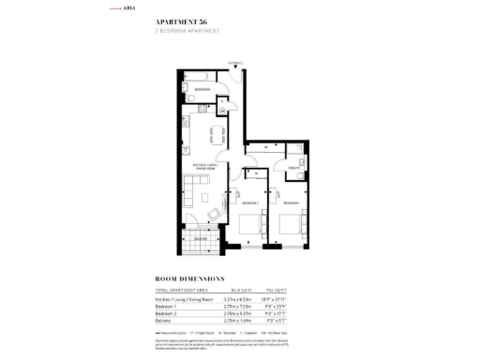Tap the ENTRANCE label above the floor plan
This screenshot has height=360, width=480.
pos(233,64)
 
